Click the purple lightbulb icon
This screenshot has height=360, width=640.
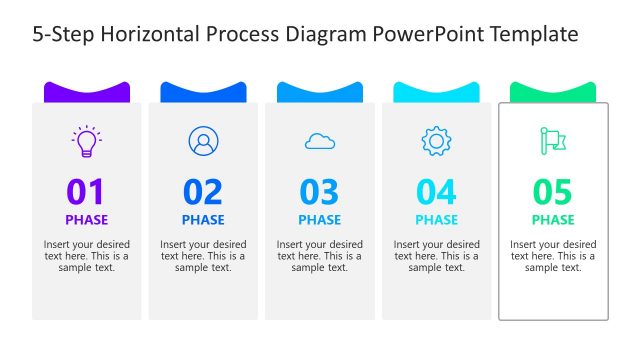(87, 141)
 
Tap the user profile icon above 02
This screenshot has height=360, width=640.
(203, 141)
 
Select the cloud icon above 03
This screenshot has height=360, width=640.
(320, 142)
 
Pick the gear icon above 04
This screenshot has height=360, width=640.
(436, 141)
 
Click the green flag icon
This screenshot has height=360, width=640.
(553, 141)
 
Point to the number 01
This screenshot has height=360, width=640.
(86, 191)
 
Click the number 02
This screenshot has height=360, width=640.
(203, 191)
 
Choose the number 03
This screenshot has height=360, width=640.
(320, 191)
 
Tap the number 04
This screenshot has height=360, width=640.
(436, 191)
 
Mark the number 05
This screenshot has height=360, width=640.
(553, 191)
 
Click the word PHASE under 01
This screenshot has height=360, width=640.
(86, 220)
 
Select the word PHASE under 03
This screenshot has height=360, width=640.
(320, 220)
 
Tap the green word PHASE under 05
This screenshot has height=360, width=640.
(553, 220)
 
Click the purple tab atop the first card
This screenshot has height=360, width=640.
(86, 92)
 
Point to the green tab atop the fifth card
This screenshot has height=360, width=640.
(553, 92)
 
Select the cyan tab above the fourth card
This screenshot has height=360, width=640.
(436, 92)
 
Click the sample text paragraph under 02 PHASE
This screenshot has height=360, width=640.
(203, 256)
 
